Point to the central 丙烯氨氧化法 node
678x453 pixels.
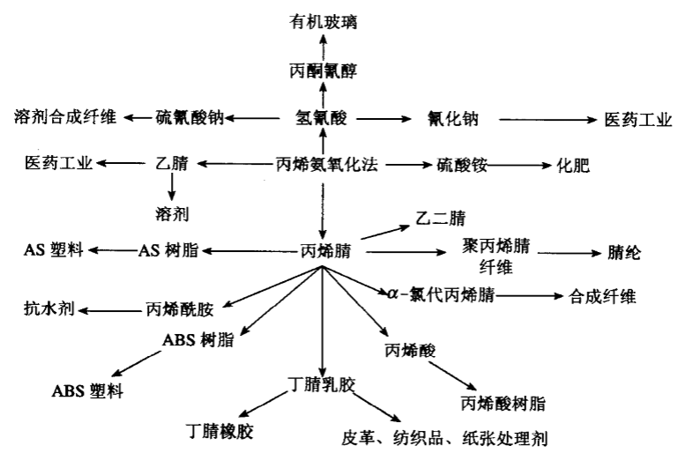pyautogui.click(x=327, y=165)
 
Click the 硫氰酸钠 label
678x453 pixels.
pyautogui.click(x=190, y=118)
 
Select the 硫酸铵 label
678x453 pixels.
pyautogui.click(x=462, y=165)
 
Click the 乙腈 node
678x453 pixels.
pyautogui.click(x=171, y=165)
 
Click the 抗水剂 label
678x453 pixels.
pyautogui.click(x=49, y=308)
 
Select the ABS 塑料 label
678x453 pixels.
pyautogui.click(x=87, y=391)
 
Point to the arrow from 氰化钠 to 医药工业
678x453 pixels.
pyautogui.click(x=542, y=118)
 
